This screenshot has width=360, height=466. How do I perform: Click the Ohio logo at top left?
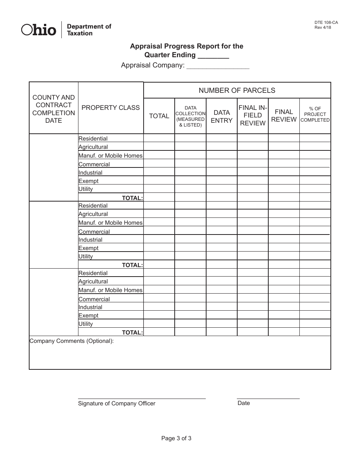tap(39, 30)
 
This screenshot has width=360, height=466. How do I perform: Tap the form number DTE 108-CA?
tap(323, 23)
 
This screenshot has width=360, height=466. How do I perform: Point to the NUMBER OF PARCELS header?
tap(237, 90)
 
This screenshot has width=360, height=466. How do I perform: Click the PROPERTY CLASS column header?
tap(111, 108)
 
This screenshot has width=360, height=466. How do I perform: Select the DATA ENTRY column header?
tap(222, 116)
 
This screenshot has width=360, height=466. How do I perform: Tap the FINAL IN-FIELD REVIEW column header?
tap(253, 116)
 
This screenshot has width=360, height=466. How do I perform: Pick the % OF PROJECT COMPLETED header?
tap(315, 114)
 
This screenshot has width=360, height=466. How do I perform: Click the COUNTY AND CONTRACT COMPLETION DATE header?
tap(53, 109)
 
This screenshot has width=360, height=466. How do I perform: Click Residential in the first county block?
tap(93, 139)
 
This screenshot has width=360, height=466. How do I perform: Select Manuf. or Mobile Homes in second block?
tap(110, 223)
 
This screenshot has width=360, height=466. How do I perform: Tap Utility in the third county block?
tap(86, 324)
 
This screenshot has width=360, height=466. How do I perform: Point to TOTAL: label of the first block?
tap(132, 198)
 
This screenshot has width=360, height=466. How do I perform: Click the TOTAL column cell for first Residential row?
tap(159, 138)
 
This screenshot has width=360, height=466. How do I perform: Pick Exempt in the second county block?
tap(88, 248)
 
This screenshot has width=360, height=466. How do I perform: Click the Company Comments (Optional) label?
tap(72, 341)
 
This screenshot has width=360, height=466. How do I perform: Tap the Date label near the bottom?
tap(244, 403)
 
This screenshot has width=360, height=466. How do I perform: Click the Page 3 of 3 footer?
tap(176, 438)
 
